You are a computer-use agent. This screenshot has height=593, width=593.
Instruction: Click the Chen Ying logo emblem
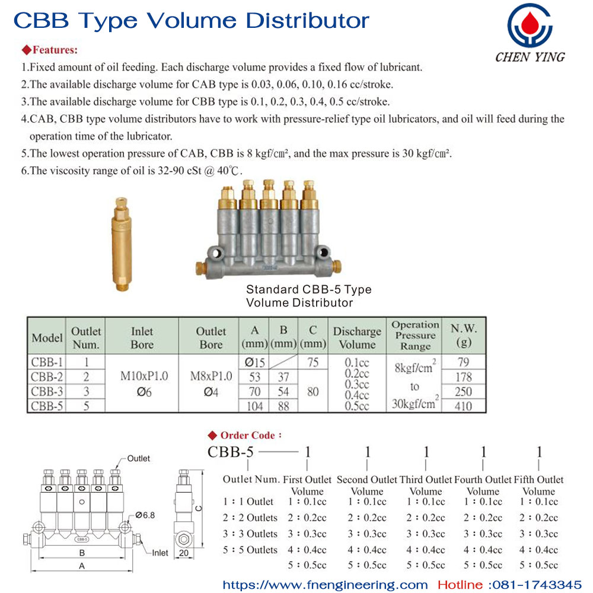click(x=530, y=25)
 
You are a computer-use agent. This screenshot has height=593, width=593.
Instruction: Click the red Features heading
click(x=50, y=50)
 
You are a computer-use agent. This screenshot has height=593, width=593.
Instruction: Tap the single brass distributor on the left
click(x=122, y=244)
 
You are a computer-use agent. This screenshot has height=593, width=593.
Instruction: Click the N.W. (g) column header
click(x=464, y=335)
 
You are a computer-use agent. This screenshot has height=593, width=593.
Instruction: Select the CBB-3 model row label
click(x=47, y=391)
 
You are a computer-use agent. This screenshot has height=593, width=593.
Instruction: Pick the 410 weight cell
click(x=464, y=406)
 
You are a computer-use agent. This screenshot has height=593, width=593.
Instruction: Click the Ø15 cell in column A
click(x=254, y=362)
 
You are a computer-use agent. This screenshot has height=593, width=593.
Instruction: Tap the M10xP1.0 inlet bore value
click(x=144, y=376)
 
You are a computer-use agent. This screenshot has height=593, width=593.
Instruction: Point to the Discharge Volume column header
click(x=357, y=337)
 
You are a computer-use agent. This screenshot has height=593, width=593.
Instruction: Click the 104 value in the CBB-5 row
click(x=254, y=406)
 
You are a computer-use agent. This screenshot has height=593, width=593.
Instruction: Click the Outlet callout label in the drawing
click(x=138, y=458)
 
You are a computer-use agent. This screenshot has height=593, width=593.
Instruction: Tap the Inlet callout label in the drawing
click(x=160, y=553)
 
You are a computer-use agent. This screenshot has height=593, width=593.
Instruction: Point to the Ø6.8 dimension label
click(x=145, y=515)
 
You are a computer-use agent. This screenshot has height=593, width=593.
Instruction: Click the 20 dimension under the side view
click(x=184, y=553)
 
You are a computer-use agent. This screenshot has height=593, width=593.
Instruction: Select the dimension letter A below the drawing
click(x=82, y=566)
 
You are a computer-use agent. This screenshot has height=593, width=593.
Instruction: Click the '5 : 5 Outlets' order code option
click(x=250, y=550)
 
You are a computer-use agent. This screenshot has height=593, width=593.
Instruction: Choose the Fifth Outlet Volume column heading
click(x=538, y=485)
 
